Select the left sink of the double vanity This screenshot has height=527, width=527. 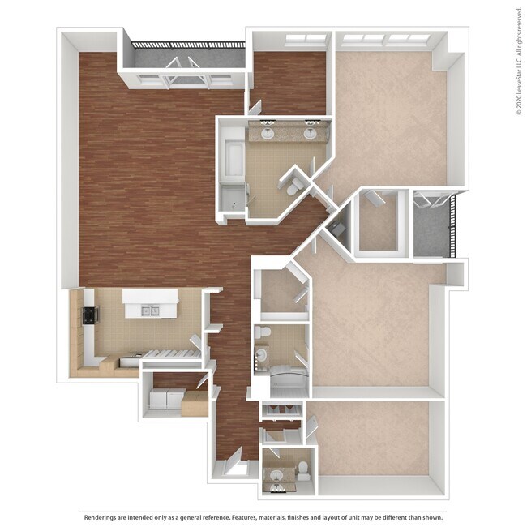pos(268,134)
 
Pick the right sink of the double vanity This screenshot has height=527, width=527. pos(310,134)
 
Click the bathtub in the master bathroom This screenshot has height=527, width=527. pos(234,154)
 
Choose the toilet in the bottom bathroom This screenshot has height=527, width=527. pos(302,469)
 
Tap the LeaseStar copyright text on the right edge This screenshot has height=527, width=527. pos(518,62)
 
